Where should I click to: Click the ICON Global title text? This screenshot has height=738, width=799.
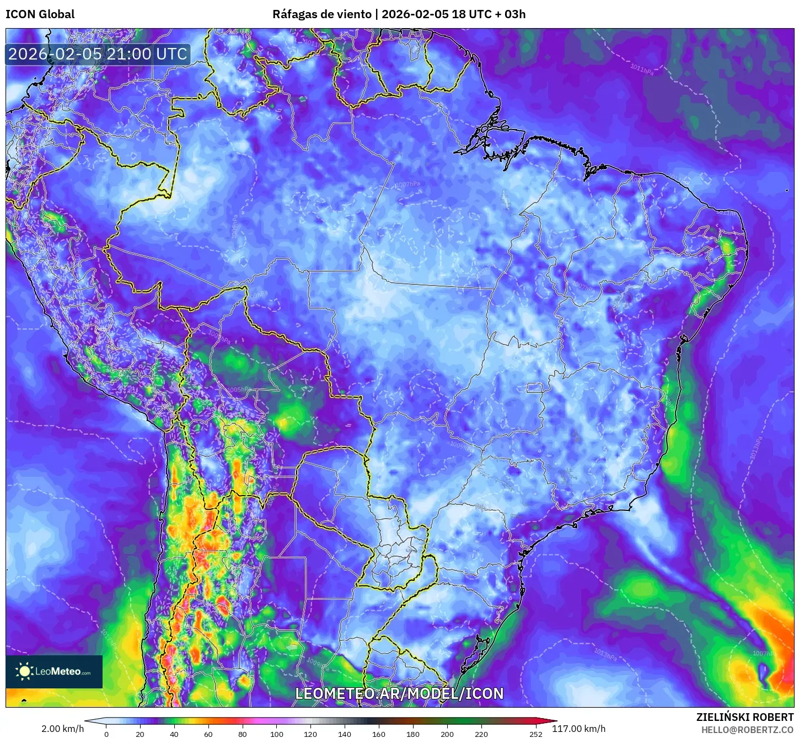pos(40,14)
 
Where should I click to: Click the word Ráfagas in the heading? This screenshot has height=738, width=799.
pos(294,14)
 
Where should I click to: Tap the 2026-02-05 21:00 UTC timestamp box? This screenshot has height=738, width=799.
pos(98,54)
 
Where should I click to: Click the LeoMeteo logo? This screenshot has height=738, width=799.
pos(54,671)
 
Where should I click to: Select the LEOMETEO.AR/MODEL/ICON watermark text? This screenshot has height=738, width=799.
pos(399,693)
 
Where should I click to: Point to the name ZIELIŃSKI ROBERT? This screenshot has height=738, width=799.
pos(744,717)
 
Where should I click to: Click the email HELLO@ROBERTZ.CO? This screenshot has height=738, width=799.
pos(747,730)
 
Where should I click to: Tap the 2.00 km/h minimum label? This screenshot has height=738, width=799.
pos(62,729)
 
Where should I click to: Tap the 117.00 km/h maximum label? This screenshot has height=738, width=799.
pos(578,729)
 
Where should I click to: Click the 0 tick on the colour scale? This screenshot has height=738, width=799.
pos(106,734)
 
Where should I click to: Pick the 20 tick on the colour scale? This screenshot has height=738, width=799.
pos(140,734)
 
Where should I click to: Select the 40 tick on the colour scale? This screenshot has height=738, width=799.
pos(174,734)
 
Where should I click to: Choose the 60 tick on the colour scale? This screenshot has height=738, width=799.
pos(208,734)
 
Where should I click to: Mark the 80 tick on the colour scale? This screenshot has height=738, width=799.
pos(243,734)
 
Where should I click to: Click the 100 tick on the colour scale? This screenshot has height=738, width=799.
pos(277,734)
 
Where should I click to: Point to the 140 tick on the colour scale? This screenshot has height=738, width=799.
pos(345,734)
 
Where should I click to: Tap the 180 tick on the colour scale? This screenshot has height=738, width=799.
pos(413,734)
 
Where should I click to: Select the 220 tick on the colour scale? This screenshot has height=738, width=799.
pos(481,734)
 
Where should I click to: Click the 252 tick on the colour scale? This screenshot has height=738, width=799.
pos(536,734)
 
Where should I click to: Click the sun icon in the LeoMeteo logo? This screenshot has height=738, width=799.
pos(24,671)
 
